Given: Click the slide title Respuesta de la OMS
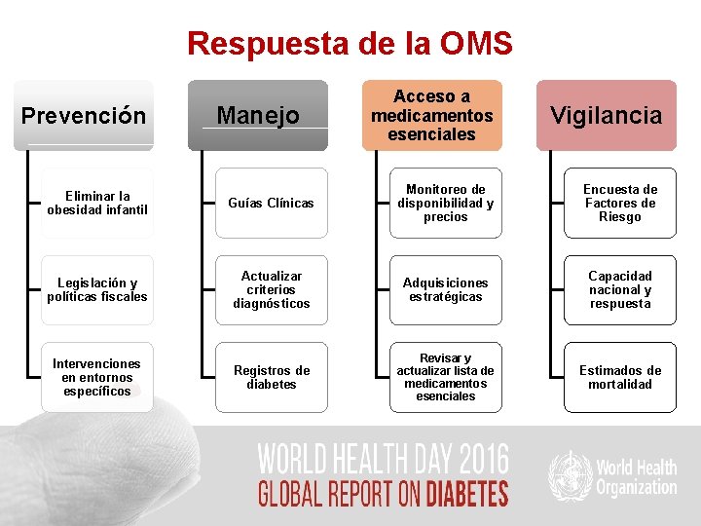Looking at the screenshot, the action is pyautogui.click(x=350, y=44).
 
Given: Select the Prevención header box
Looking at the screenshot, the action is pyautogui.click(x=84, y=116).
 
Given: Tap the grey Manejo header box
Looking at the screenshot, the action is pyautogui.click(x=258, y=116).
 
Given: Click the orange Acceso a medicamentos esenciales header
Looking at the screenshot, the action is pyautogui.click(x=432, y=115).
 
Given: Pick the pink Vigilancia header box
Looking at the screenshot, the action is pyautogui.click(x=606, y=116).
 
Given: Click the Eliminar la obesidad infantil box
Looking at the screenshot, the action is pyautogui.click(x=96, y=203).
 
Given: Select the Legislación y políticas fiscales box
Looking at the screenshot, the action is pyautogui.click(x=96, y=290).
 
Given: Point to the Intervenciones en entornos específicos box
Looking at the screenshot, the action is pyautogui.click(x=96, y=377).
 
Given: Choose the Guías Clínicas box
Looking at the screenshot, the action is pyautogui.click(x=271, y=203).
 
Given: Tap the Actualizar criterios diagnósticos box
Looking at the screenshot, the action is pyautogui.click(x=271, y=290).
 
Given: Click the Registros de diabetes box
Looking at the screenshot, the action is pyautogui.click(x=271, y=377).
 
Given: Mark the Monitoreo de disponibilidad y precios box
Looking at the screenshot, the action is pyautogui.click(x=445, y=203).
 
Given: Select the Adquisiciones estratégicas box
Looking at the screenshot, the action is pyautogui.click(x=445, y=290).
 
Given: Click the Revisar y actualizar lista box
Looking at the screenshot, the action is pyautogui.click(x=445, y=377).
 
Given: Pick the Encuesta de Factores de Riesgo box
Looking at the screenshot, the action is pyautogui.click(x=620, y=203).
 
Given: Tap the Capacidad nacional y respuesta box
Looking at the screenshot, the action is pyautogui.click(x=620, y=290).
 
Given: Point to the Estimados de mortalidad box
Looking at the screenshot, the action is pyautogui.click(x=620, y=377).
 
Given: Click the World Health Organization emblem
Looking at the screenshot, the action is pyautogui.click(x=569, y=475).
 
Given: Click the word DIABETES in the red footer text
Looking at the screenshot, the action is pyautogui.click(x=465, y=494).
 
